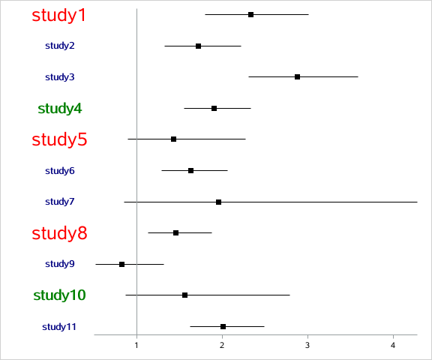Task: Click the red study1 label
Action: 59,15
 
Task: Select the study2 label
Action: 60,46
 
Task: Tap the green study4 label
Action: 60,108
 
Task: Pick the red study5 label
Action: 59,139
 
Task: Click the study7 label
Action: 60,202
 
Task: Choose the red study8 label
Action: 59,233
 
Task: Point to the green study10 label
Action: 60,295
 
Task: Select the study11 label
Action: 58,326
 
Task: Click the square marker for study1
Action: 250,14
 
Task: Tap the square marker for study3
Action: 298,76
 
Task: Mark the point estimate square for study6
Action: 190,170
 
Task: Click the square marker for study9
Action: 121,264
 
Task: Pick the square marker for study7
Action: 218,202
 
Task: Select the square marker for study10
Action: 184,295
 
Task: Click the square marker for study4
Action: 214,108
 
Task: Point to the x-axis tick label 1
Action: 136,345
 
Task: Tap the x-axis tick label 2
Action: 222,345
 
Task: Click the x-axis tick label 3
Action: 307,345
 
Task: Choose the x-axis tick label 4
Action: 393,345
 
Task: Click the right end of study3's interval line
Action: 358,76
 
